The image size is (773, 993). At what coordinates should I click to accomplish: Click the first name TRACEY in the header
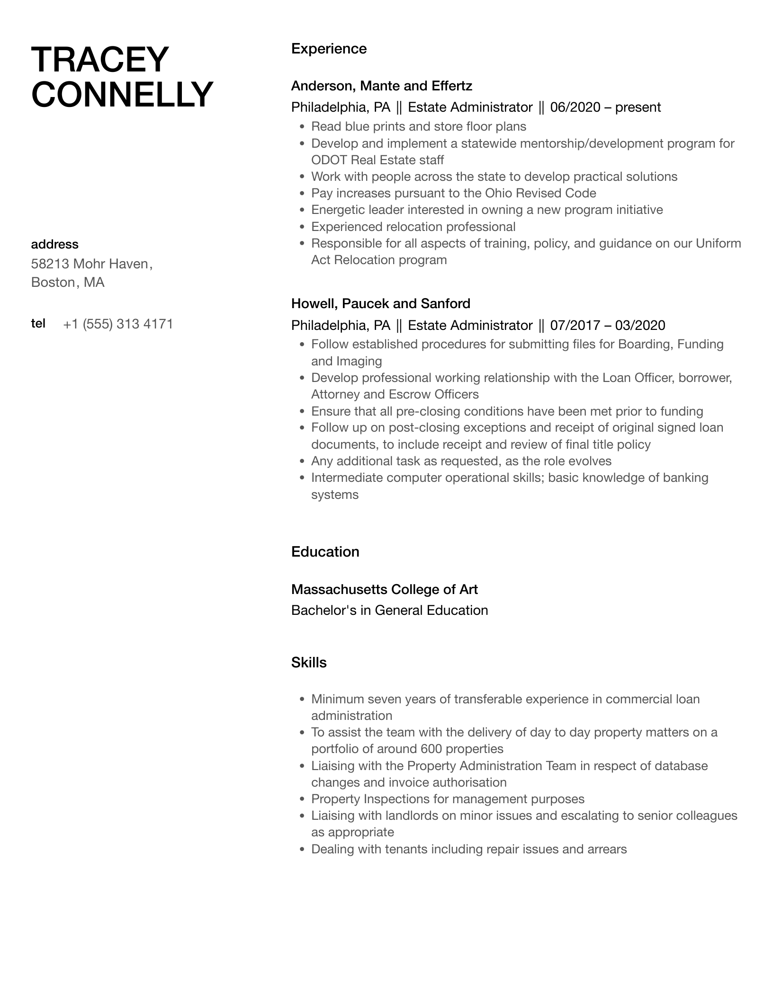pyautogui.click(x=100, y=60)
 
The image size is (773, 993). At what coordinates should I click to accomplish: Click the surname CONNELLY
pyautogui.click(x=122, y=95)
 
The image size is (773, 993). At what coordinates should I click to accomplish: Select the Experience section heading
pyautogui.click(x=329, y=49)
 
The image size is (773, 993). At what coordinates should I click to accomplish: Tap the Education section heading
pyautogui.click(x=325, y=552)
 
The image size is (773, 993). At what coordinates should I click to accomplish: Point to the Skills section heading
pyautogui.click(x=309, y=663)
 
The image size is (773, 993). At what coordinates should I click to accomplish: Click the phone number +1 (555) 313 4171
pyautogui.click(x=118, y=324)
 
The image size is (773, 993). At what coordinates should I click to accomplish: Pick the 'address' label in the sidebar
pyautogui.click(x=54, y=244)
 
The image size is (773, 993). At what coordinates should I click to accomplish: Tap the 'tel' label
pyautogui.click(x=38, y=323)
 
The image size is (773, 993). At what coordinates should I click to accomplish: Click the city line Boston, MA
pyautogui.click(x=68, y=283)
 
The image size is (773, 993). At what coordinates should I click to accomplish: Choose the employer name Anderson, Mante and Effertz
pyautogui.click(x=381, y=86)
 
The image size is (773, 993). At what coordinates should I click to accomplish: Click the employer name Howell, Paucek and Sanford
pyautogui.click(x=380, y=303)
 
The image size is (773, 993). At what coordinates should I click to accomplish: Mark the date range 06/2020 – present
pyautogui.click(x=605, y=107)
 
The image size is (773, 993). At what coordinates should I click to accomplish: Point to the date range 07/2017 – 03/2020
pyautogui.click(x=608, y=325)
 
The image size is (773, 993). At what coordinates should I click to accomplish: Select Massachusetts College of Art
pyautogui.click(x=384, y=589)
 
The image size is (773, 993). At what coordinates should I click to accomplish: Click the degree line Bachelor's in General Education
pyautogui.click(x=389, y=611)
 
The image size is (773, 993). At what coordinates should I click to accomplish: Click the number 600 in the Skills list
pyautogui.click(x=431, y=749)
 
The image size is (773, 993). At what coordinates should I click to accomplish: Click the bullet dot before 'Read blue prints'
pyautogui.click(x=302, y=127)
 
